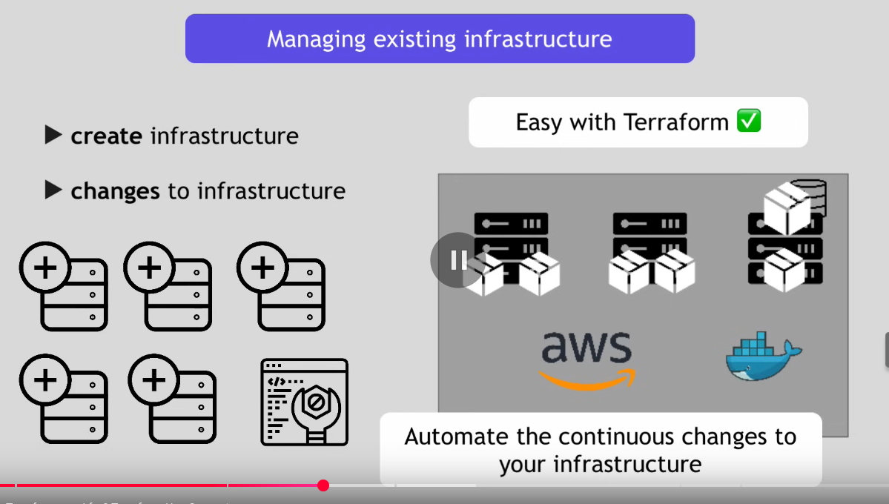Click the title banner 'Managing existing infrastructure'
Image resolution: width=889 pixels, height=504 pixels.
[440, 39]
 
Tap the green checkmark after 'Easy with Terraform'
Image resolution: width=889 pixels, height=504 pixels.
[749, 121]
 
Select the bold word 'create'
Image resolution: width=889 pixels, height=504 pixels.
[106, 136]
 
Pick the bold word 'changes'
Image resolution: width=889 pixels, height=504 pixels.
[115, 191]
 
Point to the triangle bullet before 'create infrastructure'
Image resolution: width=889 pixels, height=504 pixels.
[53, 135]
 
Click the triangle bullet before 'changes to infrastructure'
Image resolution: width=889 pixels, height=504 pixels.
[53, 190]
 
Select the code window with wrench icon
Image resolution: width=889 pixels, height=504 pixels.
[304, 402]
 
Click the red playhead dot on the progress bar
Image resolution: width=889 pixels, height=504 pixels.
[323, 485]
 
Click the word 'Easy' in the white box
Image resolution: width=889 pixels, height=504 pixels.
[539, 122]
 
